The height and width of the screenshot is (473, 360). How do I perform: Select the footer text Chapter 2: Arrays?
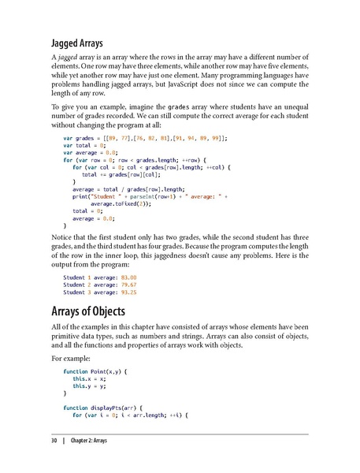click(86, 439)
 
